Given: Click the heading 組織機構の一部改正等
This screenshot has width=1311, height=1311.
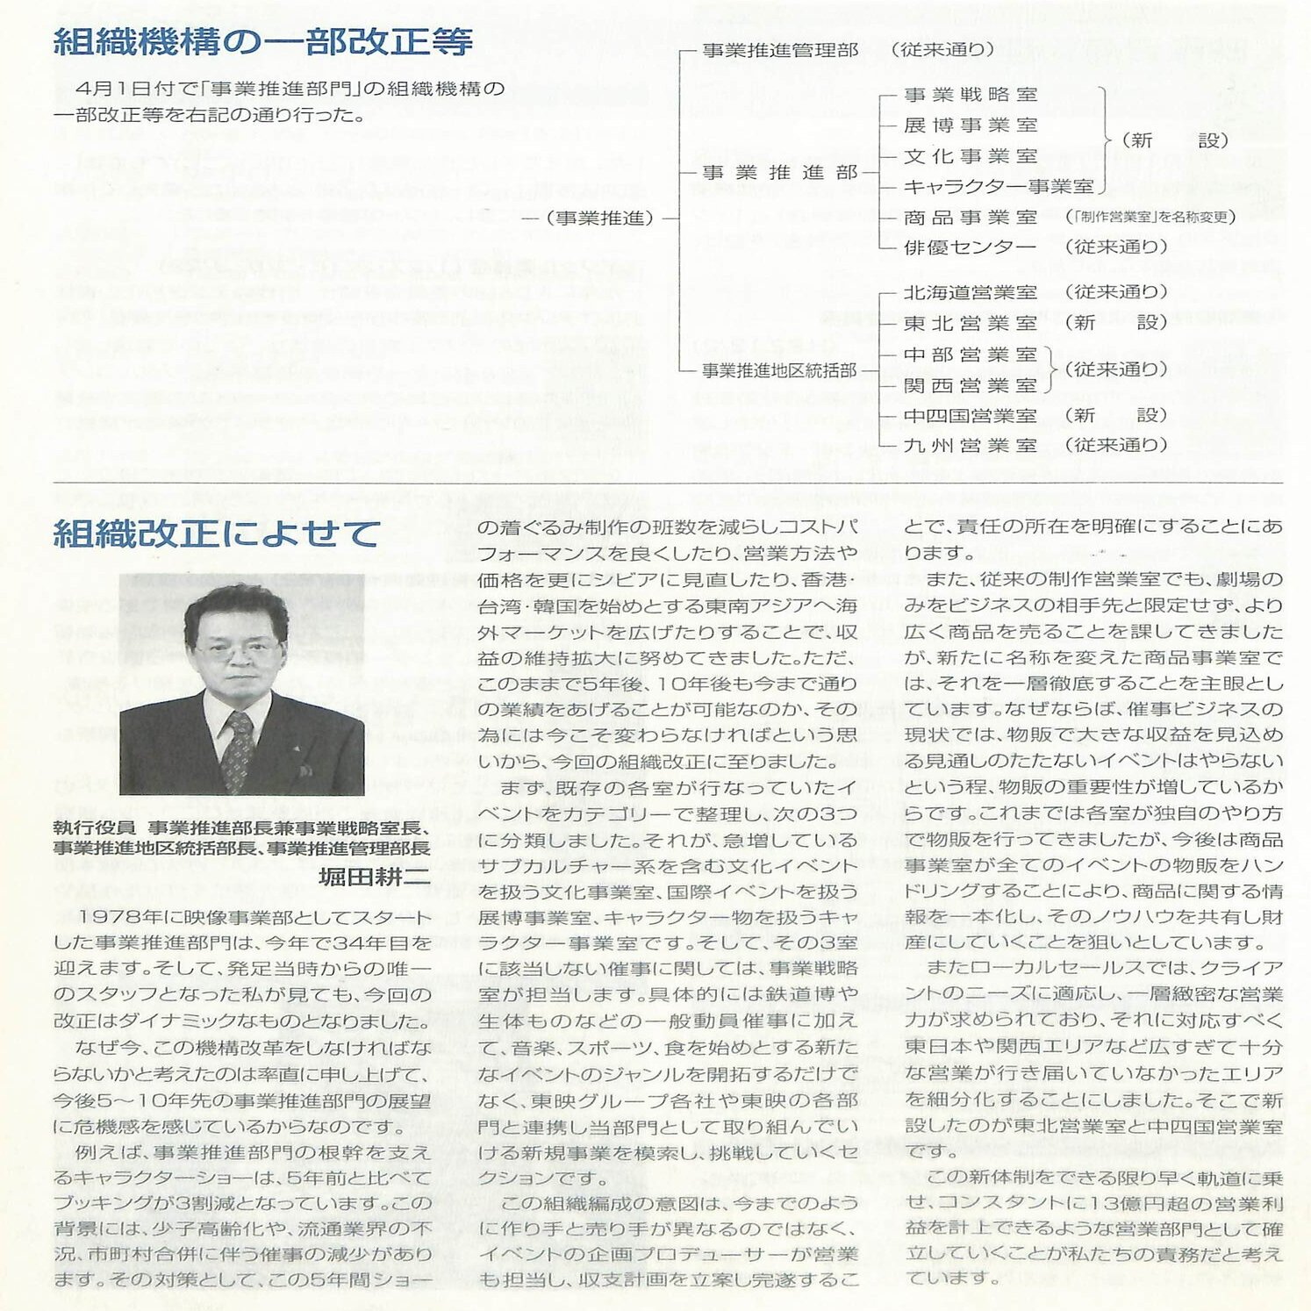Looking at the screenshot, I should (263, 42).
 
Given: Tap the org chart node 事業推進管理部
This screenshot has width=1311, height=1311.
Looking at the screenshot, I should (780, 51).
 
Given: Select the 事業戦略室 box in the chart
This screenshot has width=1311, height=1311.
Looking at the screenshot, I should (971, 95).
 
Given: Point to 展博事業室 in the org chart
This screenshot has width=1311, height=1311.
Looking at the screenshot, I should (971, 125).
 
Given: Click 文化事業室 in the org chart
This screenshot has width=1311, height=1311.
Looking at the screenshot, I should (971, 156).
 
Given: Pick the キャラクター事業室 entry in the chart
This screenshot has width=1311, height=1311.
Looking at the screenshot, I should (999, 187).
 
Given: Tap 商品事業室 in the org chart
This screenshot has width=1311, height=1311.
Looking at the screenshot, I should (971, 218).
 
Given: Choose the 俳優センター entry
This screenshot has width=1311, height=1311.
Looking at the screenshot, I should (971, 247).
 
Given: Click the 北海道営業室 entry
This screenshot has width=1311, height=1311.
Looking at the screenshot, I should (971, 292).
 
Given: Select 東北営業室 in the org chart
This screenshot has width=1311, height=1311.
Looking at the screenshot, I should (971, 324).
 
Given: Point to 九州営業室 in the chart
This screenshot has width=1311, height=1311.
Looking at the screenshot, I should (971, 446).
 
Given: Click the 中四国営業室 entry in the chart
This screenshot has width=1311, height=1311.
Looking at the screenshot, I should (971, 416).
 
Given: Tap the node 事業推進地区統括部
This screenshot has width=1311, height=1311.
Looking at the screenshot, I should (779, 371).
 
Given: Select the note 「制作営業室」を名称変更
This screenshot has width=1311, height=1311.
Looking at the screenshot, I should (1150, 218).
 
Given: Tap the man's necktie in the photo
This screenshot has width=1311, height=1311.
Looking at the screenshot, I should (237, 751).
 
